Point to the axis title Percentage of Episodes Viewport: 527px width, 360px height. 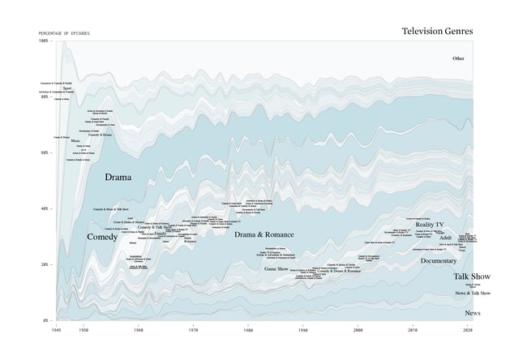[x=64, y=33]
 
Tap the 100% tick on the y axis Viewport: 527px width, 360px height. [x=44, y=41]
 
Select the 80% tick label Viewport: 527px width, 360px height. [x=45, y=96]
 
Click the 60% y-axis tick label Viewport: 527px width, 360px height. [x=45, y=152]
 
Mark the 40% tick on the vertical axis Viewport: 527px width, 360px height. [x=45, y=208]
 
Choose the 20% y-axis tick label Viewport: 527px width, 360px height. [x=45, y=264]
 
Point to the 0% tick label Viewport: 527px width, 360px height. [x=46, y=320]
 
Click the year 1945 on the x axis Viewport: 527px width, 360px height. [x=57, y=331]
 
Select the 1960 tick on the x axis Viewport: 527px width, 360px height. [x=139, y=331]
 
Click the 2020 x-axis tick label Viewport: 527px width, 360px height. [x=468, y=331]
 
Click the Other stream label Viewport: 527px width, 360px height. [x=459, y=58]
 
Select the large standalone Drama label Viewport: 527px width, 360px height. [x=118, y=176]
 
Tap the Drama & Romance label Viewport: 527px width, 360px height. [x=263, y=234]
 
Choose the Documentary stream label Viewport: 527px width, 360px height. [x=439, y=261]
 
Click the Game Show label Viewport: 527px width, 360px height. [x=276, y=268]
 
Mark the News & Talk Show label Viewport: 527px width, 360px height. [x=473, y=293]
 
